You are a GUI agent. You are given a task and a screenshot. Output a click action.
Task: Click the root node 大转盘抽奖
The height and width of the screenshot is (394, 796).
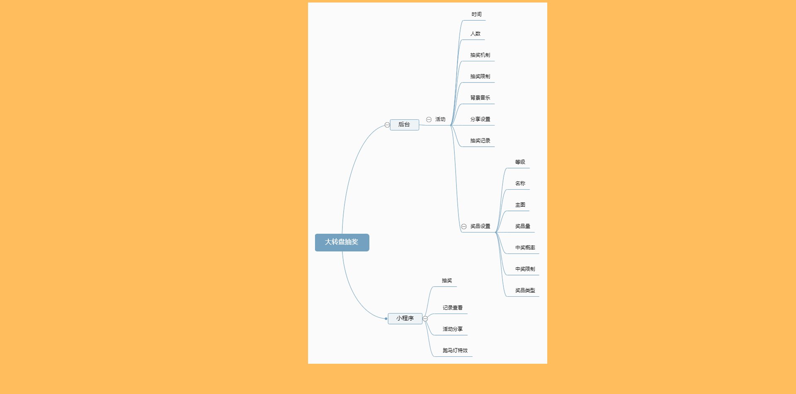point(342,242)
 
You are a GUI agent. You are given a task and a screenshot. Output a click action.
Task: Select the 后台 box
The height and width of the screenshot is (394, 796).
point(404,125)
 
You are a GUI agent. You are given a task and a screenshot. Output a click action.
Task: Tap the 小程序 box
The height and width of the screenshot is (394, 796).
point(405,319)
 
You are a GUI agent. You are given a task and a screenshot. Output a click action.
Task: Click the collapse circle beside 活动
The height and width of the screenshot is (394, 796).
point(429,120)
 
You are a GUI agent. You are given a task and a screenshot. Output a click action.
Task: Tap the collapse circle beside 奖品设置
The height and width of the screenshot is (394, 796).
point(464,227)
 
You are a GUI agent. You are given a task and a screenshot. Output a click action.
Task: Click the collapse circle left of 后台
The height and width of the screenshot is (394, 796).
point(387,125)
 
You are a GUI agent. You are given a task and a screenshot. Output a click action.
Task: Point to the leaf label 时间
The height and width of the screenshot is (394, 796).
point(476,15)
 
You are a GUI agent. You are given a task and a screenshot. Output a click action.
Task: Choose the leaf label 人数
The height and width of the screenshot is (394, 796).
point(476,34)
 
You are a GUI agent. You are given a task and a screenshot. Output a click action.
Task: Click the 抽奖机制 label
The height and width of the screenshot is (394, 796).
point(480,55)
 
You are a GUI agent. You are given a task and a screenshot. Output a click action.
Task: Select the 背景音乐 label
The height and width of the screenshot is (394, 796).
point(480,98)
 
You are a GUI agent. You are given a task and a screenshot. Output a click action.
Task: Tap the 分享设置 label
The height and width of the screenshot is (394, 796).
point(480,119)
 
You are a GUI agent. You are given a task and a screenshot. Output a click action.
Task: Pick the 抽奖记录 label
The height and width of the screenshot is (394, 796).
point(480,141)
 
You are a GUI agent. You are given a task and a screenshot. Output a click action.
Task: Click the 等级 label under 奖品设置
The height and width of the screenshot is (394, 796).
point(520,162)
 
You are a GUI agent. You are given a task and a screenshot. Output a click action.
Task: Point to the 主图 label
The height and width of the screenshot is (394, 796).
point(520,205)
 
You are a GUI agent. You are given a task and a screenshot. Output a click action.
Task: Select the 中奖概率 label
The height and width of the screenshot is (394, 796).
point(525,248)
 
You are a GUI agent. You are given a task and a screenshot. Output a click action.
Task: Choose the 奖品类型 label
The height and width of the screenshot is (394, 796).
point(525,290)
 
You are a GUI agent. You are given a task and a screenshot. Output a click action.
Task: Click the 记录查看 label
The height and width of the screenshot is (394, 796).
point(453,308)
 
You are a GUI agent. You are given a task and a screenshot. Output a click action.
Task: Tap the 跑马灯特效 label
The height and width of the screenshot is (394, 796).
point(455,350)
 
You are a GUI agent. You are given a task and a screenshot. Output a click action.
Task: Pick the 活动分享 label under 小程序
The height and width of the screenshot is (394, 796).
point(453,329)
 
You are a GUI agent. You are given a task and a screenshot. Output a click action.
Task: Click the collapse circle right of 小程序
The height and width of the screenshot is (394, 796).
point(425,319)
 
